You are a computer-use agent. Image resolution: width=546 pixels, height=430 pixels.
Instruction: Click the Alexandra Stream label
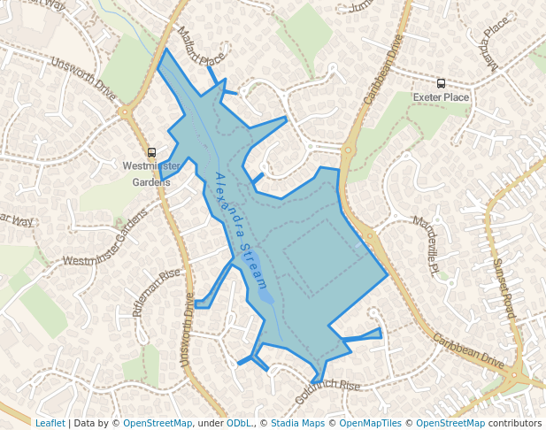tap(241, 231)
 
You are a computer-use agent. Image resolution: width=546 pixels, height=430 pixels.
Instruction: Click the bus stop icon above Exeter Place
tap(441, 83)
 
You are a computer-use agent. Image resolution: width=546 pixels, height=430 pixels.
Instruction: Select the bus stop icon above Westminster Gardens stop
tap(151, 152)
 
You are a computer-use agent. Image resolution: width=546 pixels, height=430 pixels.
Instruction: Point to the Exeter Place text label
tap(441, 96)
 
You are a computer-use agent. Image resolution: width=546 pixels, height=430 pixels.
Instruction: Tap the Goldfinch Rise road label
tap(327, 390)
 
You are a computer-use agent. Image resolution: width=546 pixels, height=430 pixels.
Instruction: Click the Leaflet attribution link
tap(50, 423)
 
